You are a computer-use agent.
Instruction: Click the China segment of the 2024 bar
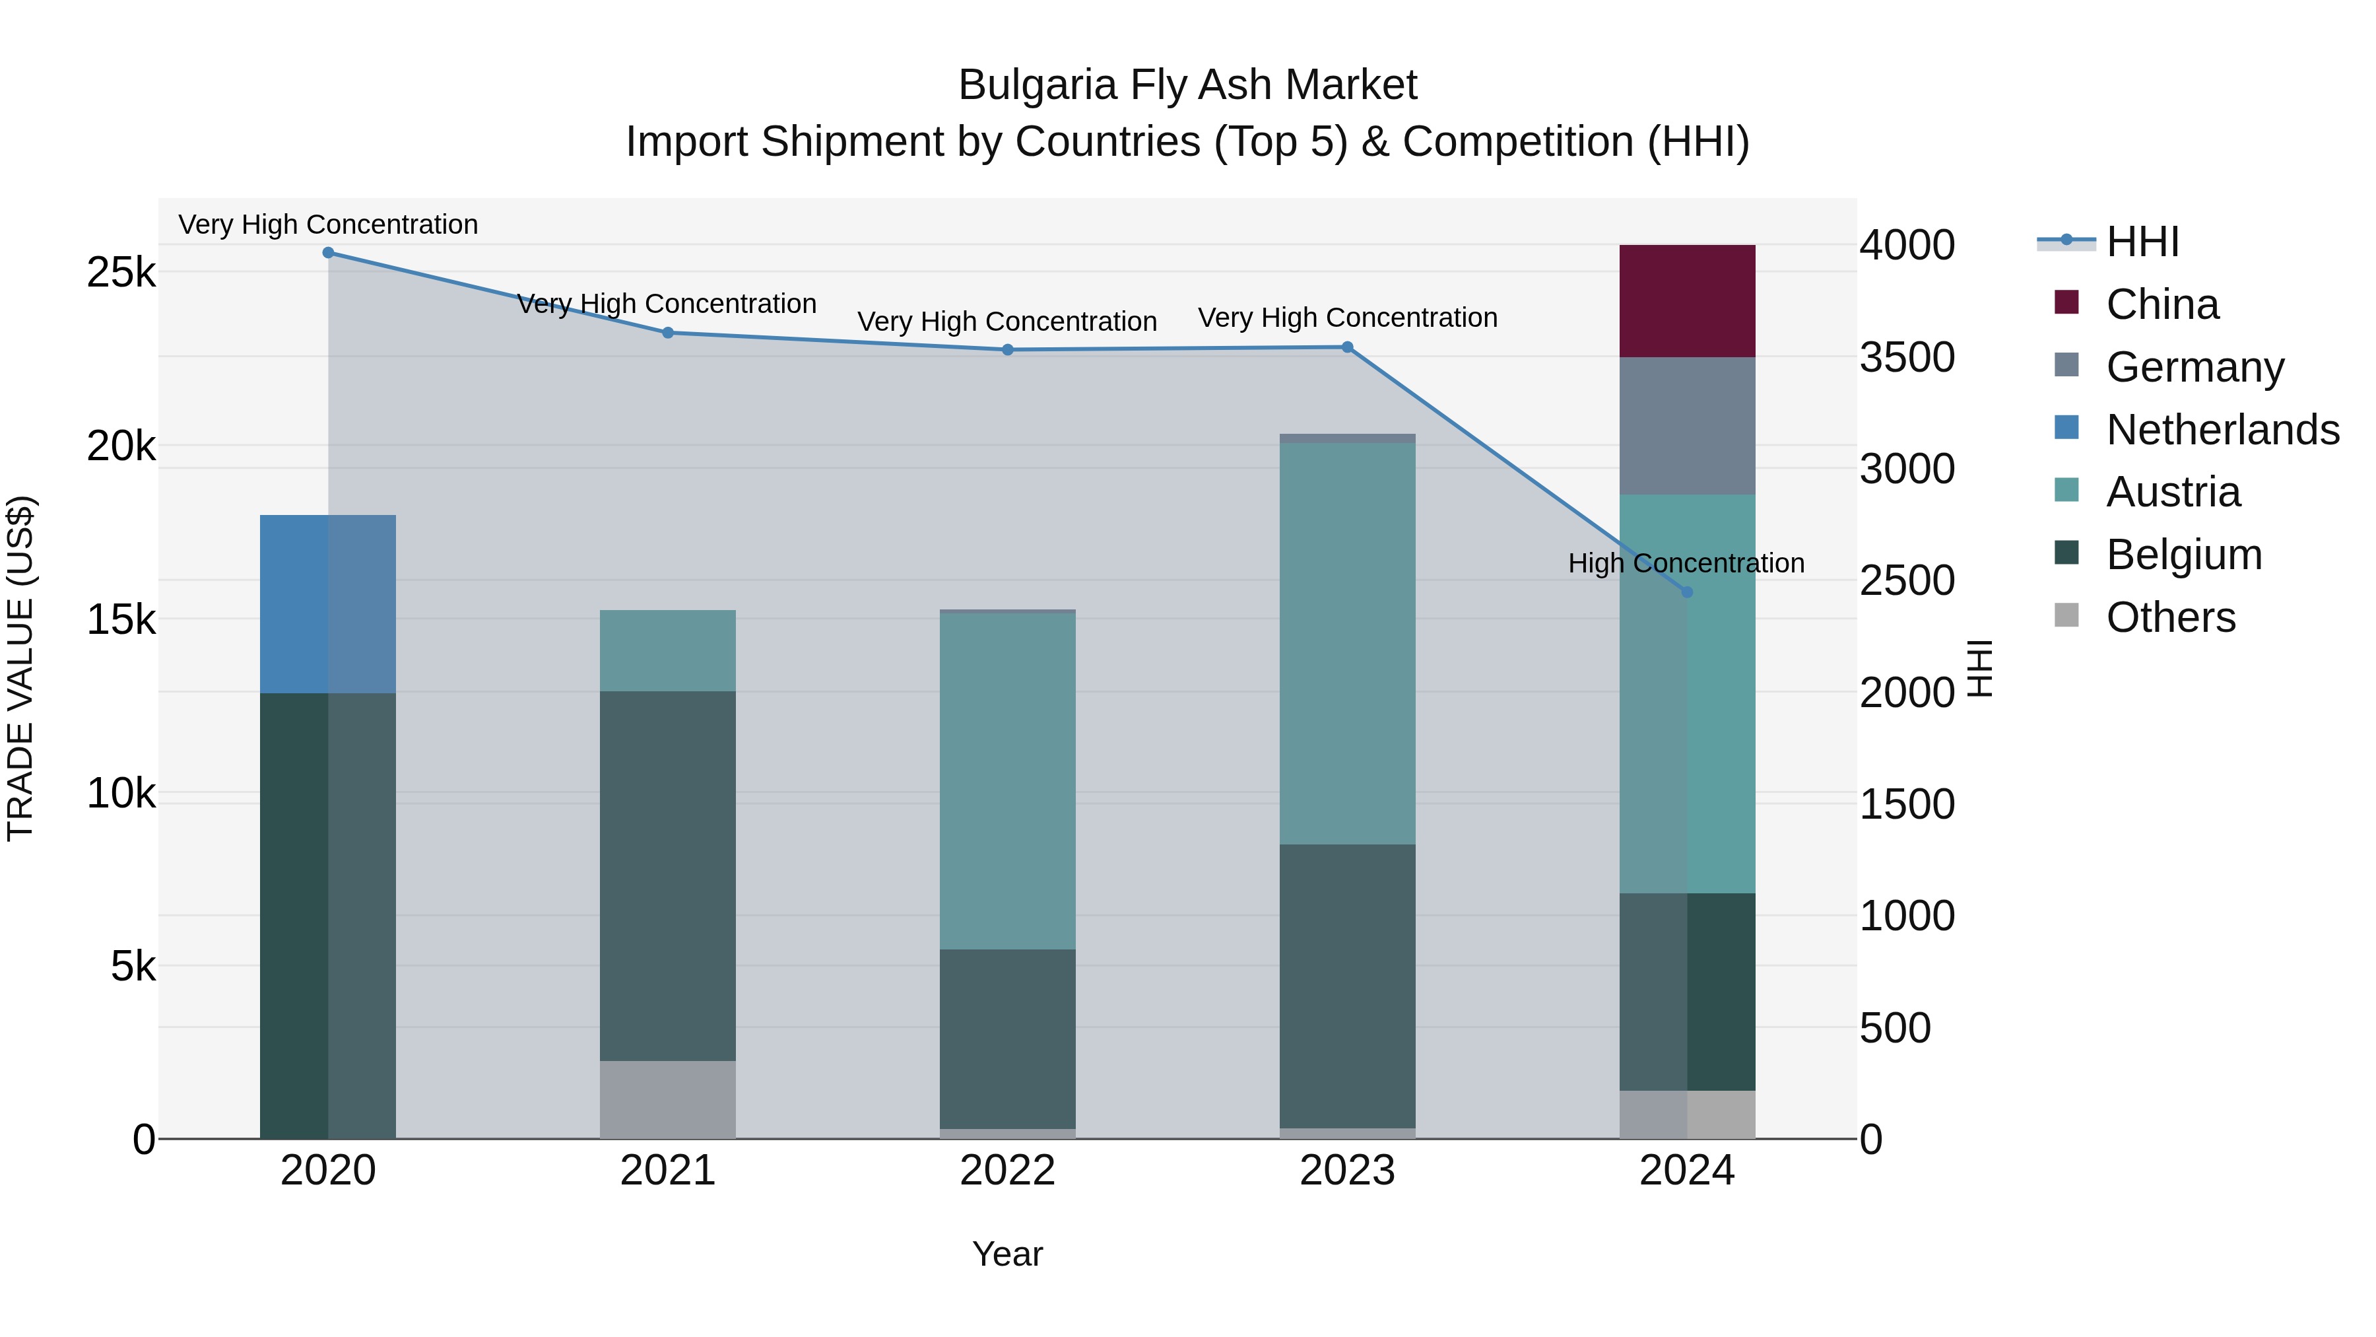click(x=1687, y=301)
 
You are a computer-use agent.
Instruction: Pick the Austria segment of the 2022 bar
click(x=1007, y=780)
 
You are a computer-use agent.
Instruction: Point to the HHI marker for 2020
click(x=329, y=253)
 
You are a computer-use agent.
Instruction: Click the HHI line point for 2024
click(x=1687, y=592)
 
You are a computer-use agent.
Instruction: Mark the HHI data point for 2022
click(x=1007, y=350)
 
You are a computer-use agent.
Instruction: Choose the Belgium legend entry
click(x=2183, y=555)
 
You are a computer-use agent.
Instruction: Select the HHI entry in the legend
click(x=2142, y=242)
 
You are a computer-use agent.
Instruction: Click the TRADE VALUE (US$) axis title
click(x=20, y=668)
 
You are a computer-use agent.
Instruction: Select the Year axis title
click(x=1007, y=1254)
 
